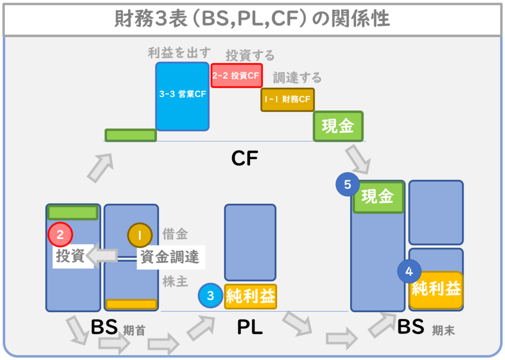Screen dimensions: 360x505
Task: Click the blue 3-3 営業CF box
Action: pyautogui.click(x=182, y=96)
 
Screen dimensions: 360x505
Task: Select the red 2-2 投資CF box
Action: pyautogui.click(x=236, y=75)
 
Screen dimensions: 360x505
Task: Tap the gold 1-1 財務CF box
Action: pyautogui.click(x=288, y=100)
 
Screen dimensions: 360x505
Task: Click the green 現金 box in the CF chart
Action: pyautogui.click(x=338, y=126)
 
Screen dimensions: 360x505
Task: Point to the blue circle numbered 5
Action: pyautogui.click(x=348, y=185)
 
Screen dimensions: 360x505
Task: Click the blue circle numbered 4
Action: pyautogui.click(x=409, y=271)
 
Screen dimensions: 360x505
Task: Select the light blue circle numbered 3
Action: pyautogui.click(x=211, y=296)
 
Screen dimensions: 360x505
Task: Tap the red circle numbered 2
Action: pyautogui.click(x=60, y=235)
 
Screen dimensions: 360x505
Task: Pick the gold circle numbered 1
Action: pyautogui.click(x=140, y=235)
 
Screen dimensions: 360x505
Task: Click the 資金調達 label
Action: pyautogui.click(x=169, y=257)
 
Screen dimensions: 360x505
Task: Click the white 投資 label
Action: pyautogui.click(x=70, y=256)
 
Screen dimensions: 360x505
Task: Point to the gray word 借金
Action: pyautogui.click(x=175, y=235)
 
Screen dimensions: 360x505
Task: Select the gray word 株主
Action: pyautogui.click(x=175, y=282)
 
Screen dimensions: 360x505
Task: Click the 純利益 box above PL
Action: pyautogui.click(x=251, y=296)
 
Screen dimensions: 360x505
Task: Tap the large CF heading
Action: pyautogui.click(x=245, y=158)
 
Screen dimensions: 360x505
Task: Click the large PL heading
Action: pyautogui.click(x=250, y=327)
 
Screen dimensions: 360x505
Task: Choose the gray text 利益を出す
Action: pyautogui.click(x=180, y=53)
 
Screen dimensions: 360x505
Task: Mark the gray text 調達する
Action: pyautogui.click(x=297, y=77)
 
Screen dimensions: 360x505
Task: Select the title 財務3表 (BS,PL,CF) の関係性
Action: pyautogui.click(x=252, y=19)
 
